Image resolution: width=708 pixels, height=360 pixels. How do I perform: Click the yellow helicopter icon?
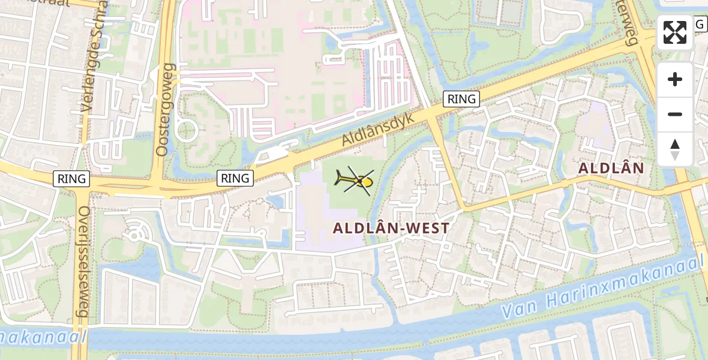tap(355, 180)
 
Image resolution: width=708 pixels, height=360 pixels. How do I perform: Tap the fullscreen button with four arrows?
tap(675, 32)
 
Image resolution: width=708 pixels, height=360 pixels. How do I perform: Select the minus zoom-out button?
tap(675, 114)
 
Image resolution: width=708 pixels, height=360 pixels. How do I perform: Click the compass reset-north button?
tap(675, 149)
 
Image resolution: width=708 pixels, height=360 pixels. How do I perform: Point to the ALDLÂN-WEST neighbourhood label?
tap(391, 228)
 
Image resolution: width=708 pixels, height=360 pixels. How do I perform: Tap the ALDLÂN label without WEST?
tap(611, 169)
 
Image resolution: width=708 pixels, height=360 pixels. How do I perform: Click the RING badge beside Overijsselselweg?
tap(71, 178)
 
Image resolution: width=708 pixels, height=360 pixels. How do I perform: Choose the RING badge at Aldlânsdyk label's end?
tap(461, 99)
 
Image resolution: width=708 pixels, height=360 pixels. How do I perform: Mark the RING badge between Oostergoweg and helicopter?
tap(235, 178)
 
